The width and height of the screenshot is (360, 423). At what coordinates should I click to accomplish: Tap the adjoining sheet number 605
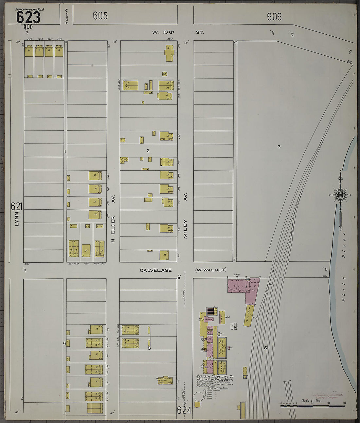100,16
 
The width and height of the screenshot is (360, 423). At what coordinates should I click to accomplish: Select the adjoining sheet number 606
274,17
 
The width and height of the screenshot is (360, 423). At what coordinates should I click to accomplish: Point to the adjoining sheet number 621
16,206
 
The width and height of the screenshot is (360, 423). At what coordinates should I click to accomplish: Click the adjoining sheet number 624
184,410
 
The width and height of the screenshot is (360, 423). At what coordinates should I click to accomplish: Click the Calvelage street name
155,270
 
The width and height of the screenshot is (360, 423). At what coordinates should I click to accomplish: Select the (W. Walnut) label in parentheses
210,270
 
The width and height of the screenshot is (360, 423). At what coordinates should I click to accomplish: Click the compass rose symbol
340,196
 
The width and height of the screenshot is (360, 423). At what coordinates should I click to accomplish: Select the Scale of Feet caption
312,400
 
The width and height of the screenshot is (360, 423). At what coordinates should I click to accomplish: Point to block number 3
279,147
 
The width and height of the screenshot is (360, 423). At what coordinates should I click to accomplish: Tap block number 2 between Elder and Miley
148,151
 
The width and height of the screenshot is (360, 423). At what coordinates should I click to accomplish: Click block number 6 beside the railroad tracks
265,348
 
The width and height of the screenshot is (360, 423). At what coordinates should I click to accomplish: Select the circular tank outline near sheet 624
198,396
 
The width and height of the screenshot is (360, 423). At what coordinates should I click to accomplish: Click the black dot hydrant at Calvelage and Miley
179,278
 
